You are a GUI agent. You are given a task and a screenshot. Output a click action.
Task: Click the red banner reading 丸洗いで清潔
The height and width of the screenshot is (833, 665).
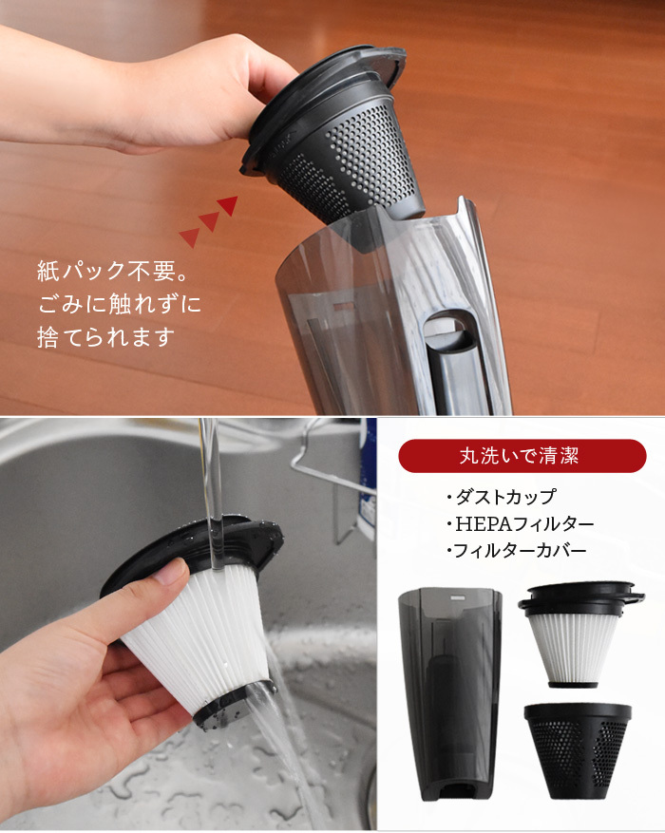522,456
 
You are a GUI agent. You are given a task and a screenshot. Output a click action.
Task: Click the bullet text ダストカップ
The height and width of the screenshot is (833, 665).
502,497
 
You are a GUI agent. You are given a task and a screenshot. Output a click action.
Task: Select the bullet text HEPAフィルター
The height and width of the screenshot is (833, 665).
520,523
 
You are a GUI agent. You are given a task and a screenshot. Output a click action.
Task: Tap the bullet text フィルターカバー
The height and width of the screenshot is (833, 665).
517,550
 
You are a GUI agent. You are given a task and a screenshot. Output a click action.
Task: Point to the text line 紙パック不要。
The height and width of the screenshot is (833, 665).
114,272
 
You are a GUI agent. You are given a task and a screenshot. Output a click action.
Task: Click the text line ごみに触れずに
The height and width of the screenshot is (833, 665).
120,304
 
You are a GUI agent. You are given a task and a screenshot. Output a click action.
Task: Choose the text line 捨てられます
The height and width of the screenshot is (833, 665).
105,337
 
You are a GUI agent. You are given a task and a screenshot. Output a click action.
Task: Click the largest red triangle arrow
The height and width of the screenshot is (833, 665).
228,205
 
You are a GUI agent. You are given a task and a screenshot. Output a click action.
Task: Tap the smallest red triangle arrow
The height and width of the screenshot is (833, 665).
190,238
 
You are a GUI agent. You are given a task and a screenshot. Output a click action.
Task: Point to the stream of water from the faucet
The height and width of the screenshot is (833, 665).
214,494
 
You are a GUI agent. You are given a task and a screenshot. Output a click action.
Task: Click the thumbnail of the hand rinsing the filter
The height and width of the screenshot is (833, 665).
188,624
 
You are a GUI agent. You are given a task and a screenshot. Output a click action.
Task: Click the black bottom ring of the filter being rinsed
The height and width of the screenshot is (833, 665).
234,703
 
